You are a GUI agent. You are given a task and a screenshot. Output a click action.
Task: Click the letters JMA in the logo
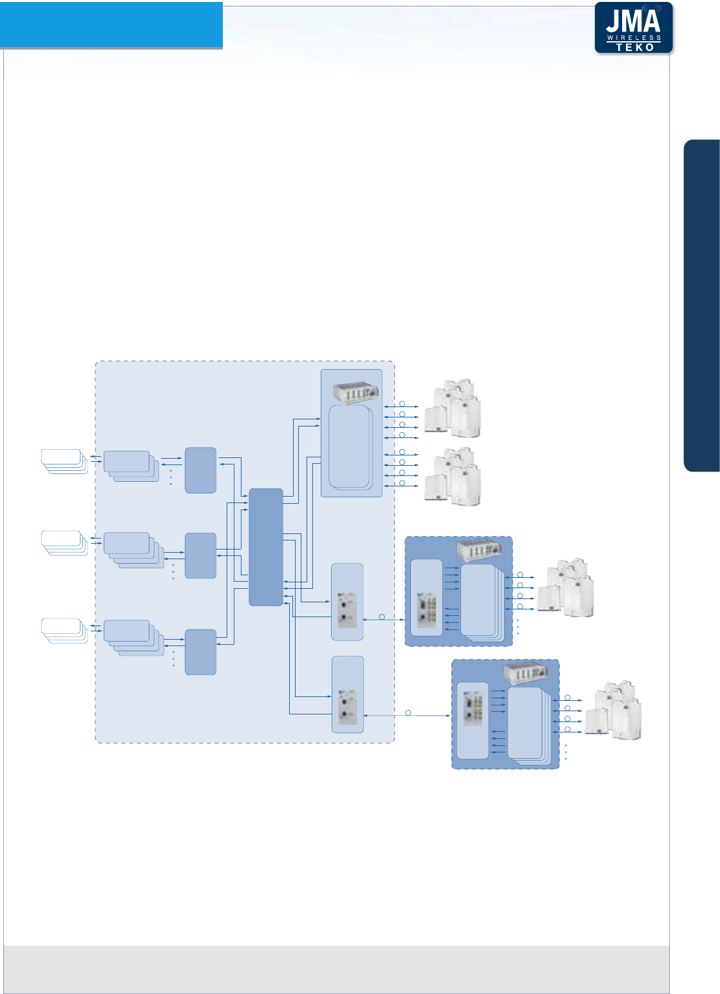click(633, 23)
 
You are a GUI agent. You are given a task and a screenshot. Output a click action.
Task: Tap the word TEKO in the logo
click(634, 47)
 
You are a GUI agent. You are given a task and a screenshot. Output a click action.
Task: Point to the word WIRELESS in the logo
click(634, 38)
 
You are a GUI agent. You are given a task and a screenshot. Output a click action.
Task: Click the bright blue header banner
click(111, 24)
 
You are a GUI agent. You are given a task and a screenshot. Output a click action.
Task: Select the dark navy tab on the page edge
click(701, 305)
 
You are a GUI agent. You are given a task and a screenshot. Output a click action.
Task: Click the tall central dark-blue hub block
click(266, 547)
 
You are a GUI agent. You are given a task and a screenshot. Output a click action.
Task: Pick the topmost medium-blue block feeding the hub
click(200, 470)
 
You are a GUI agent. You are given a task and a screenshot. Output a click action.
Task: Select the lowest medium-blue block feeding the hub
click(200, 652)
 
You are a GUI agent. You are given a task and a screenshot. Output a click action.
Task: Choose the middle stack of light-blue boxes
click(133, 549)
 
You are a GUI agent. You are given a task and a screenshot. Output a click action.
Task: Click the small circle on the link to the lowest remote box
click(408, 712)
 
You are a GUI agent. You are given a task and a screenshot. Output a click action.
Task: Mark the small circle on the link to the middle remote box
click(381, 617)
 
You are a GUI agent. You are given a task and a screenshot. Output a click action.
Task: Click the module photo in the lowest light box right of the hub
click(348, 707)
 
